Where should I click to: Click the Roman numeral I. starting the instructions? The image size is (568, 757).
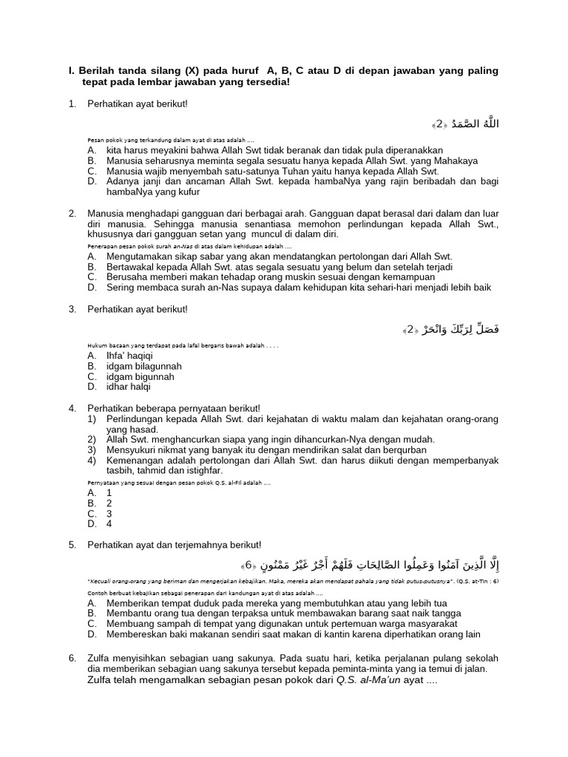[71, 71]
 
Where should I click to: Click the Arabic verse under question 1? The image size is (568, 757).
[465, 123]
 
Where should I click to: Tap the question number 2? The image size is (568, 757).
[72, 213]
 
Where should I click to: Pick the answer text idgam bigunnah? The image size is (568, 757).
[141, 376]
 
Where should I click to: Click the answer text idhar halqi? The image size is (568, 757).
[128, 387]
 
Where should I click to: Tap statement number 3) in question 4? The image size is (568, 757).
[92, 449]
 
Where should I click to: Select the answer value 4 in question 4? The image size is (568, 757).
[109, 523]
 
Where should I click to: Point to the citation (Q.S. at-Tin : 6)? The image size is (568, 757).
[478, 582]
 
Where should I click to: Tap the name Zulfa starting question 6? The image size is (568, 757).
[100, 658]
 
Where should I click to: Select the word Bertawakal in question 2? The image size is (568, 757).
[134, 267]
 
